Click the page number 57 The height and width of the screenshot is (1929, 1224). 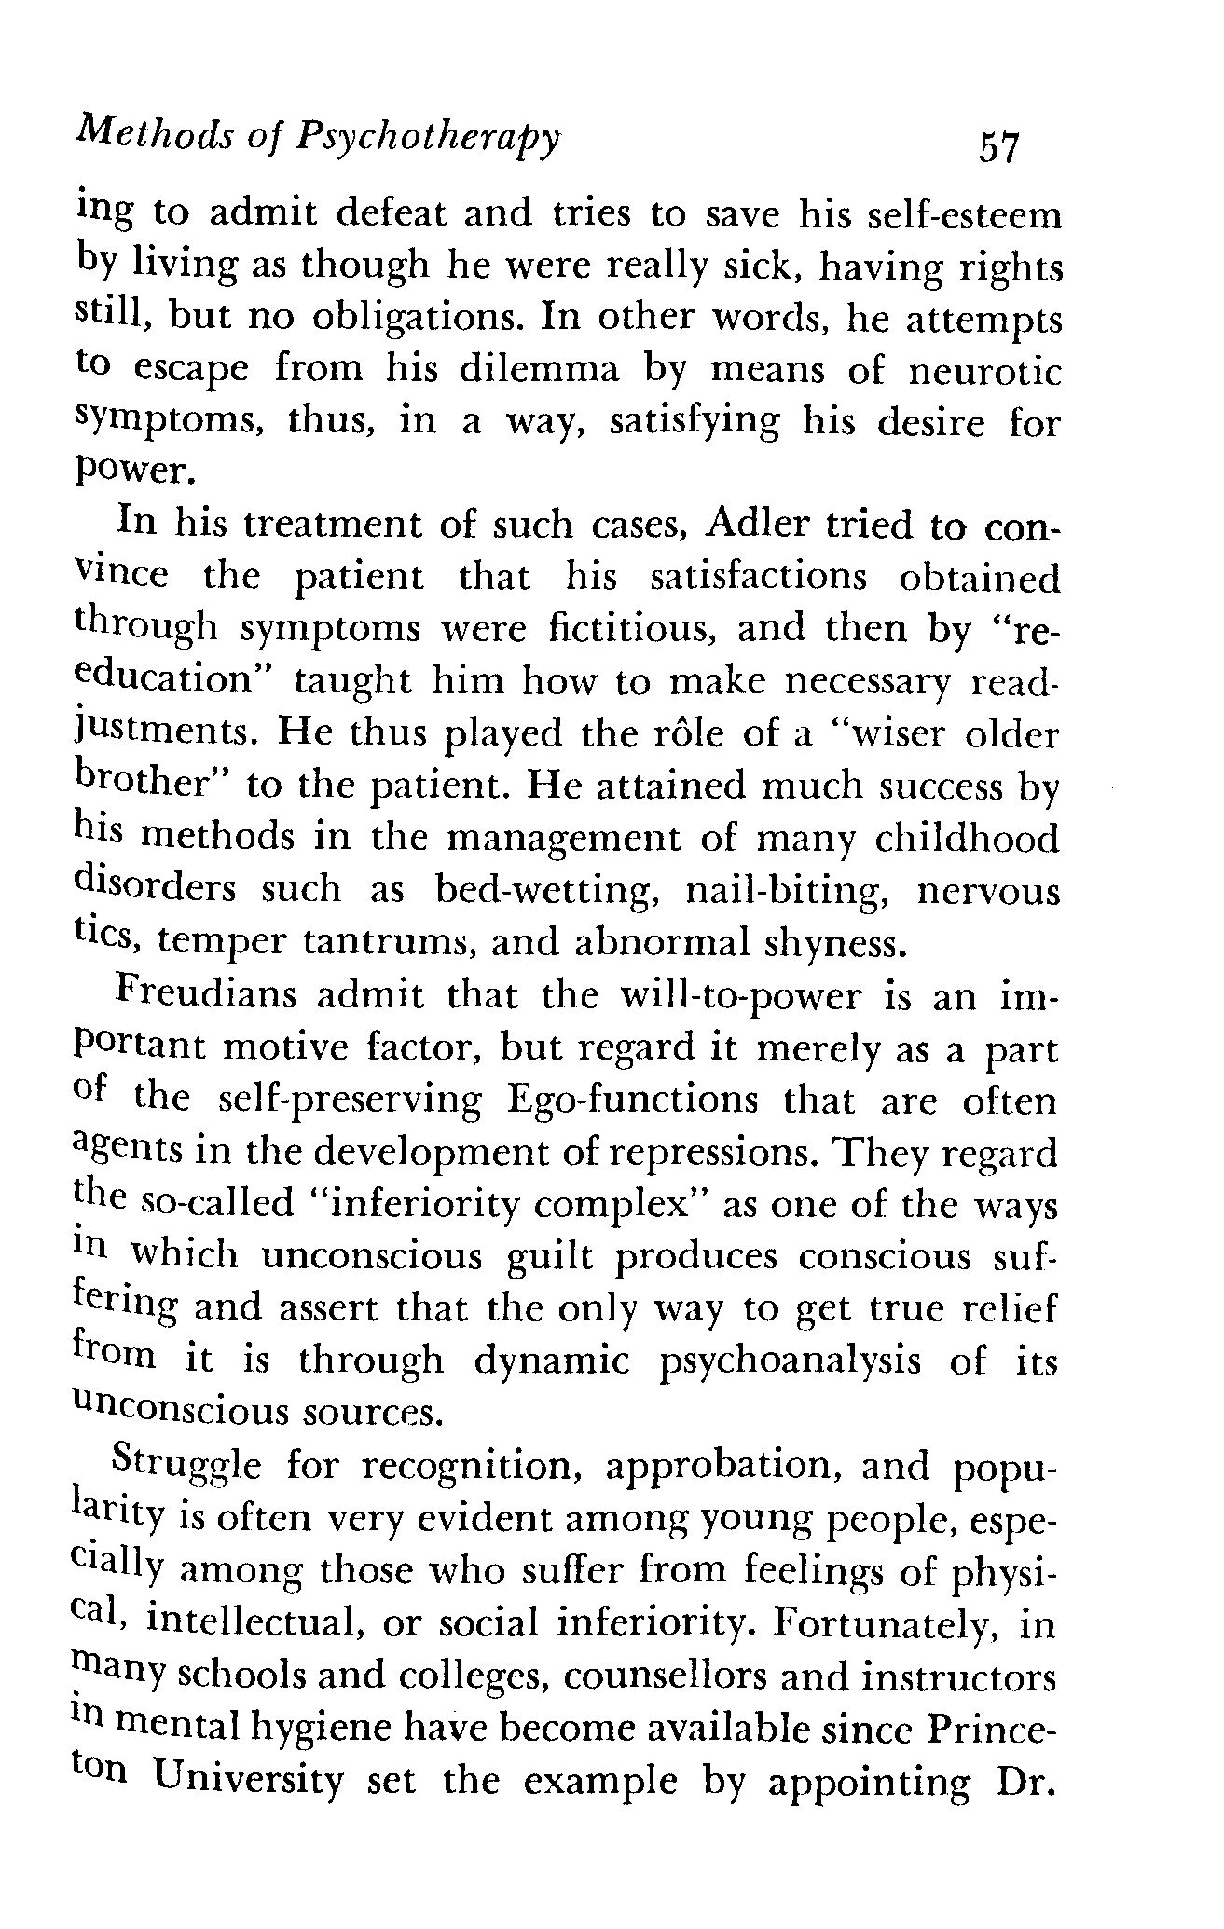point(997,146)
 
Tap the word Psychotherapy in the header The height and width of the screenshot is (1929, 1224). point(430,140)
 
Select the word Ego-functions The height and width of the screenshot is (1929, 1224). point(633,1101)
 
